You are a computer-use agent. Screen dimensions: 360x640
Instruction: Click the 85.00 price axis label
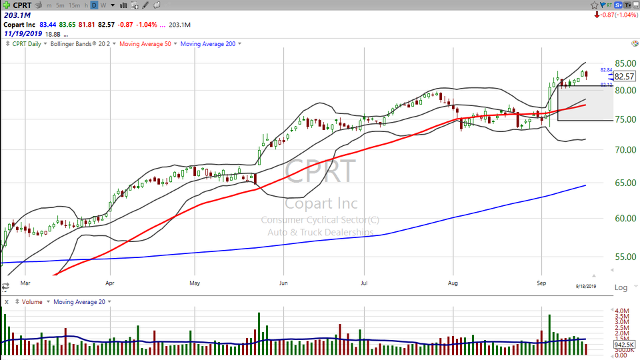pyautogui.click(x=623, y=63)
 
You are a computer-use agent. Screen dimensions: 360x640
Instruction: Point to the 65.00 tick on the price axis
pyautogui.click(x=623, y=183)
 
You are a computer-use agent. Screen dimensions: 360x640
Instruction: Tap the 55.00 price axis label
pyautogui.click(x=623, y=257)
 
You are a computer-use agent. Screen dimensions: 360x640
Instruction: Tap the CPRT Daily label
pyautogui.click(x=26, y=44)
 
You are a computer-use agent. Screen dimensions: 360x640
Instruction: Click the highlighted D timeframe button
pyautogui.click(x=94, y=5)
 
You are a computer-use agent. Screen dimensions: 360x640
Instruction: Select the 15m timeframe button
pyautogui.click(x=75, y=5)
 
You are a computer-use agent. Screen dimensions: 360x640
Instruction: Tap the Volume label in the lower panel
pyautogui.click(x=31, y=302)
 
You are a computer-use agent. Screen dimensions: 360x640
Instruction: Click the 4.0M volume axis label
pyautogui.click(x=622, y=311)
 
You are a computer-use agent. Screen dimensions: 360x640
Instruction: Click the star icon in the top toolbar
pyautogui.click(x=595, y=5)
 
